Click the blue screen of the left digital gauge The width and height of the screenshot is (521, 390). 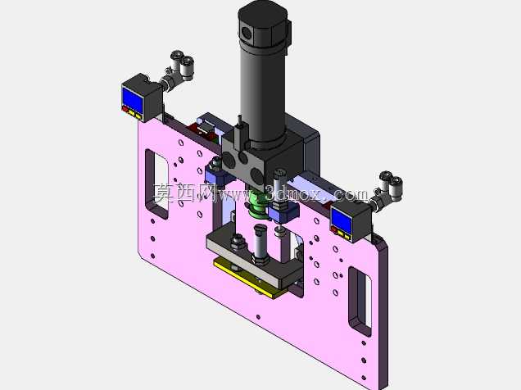[133, 97]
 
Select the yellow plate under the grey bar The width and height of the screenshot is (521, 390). [250, 277]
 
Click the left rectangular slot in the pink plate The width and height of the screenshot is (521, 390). [156, 184]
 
